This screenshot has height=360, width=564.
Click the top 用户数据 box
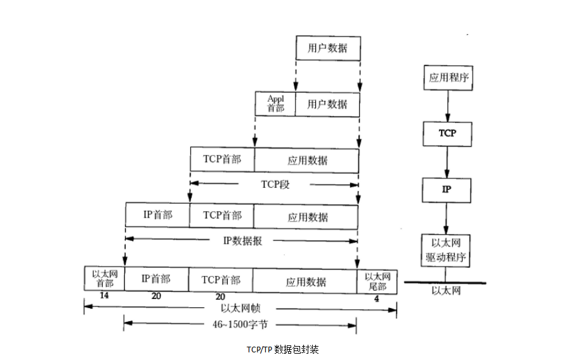tap(327, 48)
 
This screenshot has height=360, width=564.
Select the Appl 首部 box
tap(275, 103)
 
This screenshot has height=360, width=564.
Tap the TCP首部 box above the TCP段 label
tap(222, 159)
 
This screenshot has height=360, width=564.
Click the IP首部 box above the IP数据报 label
tap(157, 215)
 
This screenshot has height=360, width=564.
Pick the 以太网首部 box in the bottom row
tap(104, 279)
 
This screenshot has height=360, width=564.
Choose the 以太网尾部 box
tap(377, 279)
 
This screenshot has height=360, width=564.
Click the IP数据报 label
tap(242, 241)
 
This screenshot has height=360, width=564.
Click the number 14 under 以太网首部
tap(104, 297)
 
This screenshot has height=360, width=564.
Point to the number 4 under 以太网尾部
tap(377, 298)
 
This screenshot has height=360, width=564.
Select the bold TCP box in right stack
tap(448, 134)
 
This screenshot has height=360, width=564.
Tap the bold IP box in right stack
tap(448, 190)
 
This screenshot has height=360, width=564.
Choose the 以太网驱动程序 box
tap(448, 250)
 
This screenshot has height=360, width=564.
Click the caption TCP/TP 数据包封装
tap(282, 349)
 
